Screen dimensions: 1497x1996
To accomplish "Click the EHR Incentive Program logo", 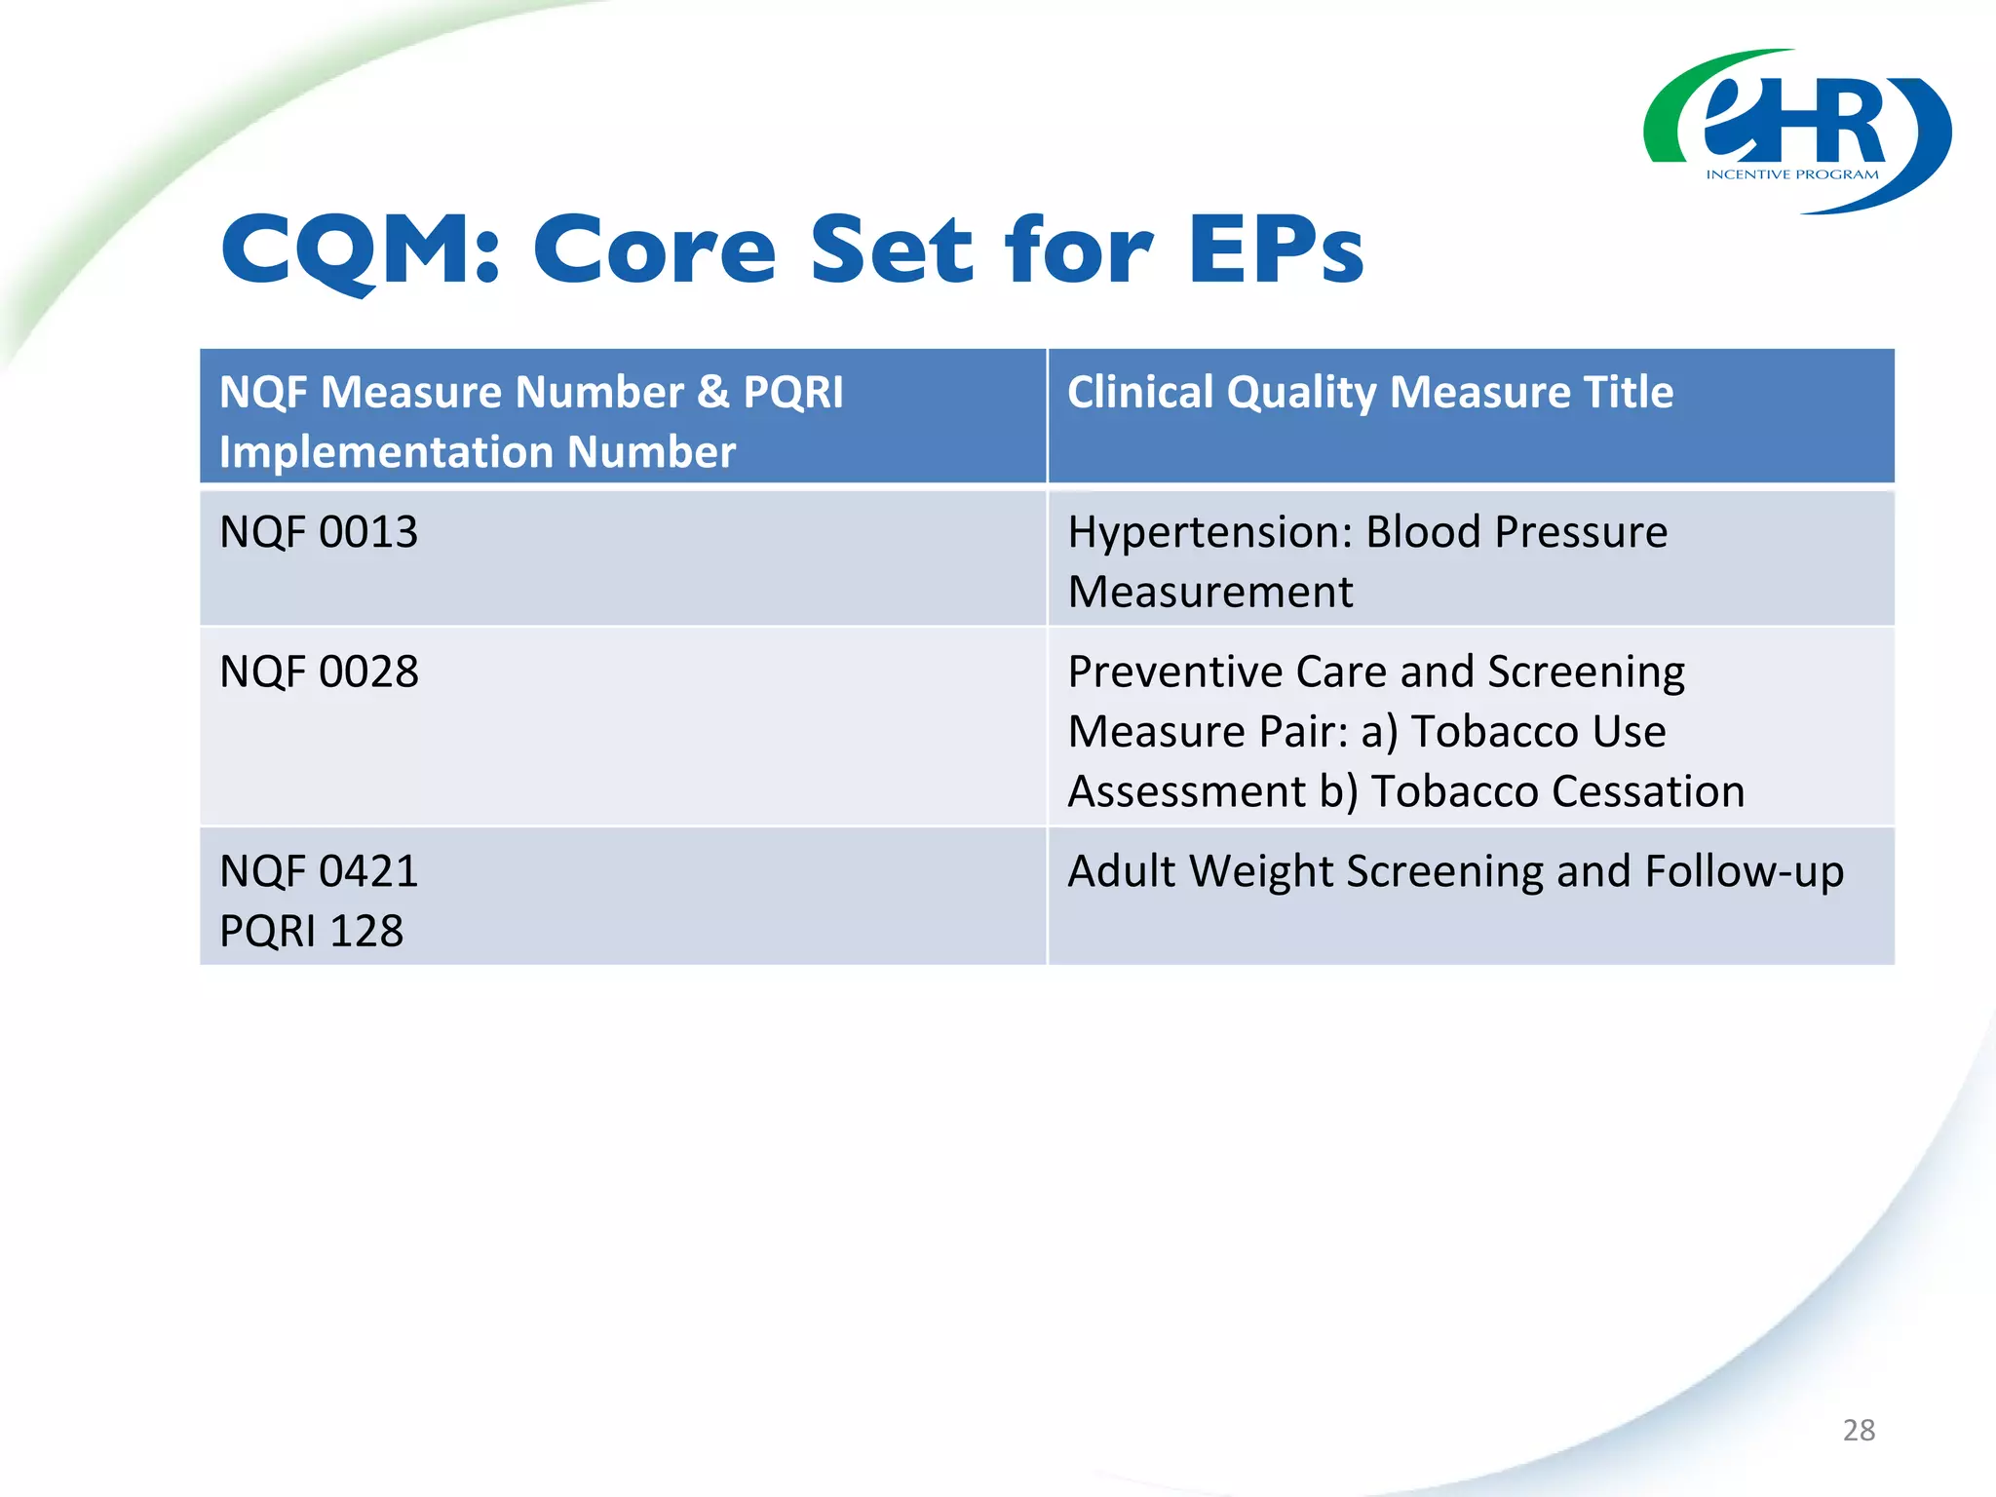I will (1796, 132).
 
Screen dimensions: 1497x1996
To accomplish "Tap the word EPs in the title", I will (1276, 249).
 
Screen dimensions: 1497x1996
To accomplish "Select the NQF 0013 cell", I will (319, 533).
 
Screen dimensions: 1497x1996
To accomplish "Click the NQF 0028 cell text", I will (319, 672).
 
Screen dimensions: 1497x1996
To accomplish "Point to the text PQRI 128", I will (311, 932).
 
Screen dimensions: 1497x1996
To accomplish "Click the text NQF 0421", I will (319, 871).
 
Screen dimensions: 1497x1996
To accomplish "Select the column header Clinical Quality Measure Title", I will (1369, 393).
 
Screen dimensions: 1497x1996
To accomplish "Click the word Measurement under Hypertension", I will (1209, 593).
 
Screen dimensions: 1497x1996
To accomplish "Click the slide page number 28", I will (1859, 1430).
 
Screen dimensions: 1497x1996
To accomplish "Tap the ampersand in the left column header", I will (713, 393).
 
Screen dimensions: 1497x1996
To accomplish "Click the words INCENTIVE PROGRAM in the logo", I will (1791, 175).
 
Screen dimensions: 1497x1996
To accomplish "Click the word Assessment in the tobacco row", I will (1186, 791).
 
